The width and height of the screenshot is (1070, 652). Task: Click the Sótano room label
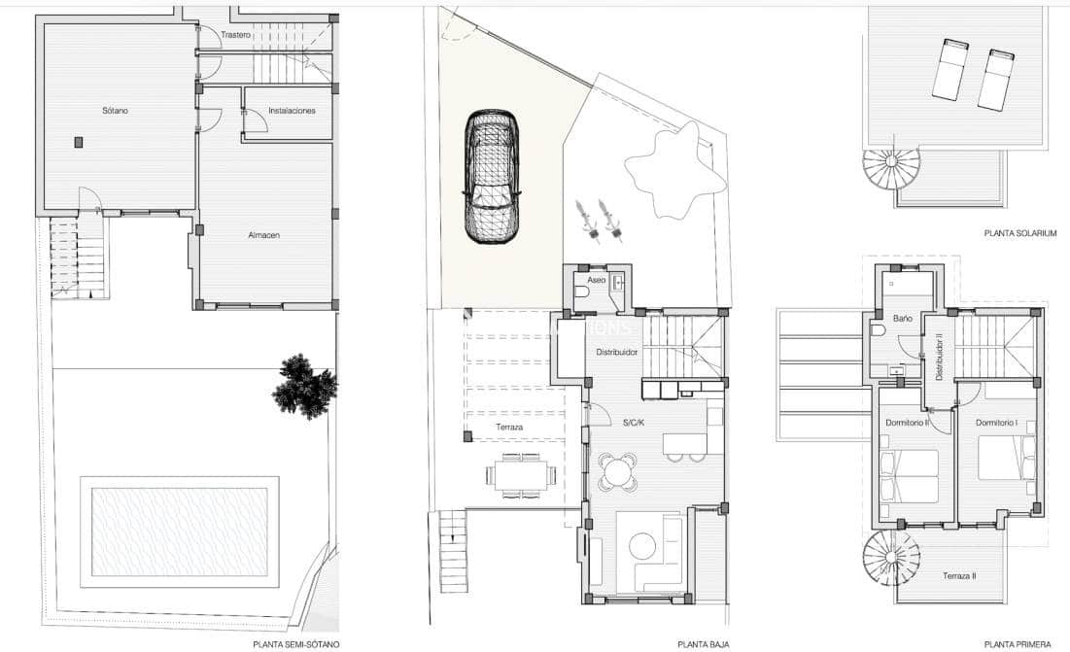115,111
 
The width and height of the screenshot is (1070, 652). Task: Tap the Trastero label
235,35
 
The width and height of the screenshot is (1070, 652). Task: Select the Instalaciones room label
292,111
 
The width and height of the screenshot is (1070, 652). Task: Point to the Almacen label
263,234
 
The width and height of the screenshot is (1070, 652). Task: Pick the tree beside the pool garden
304,386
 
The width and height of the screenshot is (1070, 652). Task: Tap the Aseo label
596,280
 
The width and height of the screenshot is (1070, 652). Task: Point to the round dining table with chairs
618,472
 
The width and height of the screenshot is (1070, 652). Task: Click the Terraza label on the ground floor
488,426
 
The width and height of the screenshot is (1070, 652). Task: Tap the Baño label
902,317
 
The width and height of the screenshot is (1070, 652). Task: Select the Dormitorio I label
996,423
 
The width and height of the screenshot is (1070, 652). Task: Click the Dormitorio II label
907,423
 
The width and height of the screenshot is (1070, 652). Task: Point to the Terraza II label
958,576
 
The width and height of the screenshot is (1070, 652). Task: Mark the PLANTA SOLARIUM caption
1019,233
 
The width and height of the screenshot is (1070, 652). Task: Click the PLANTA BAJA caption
703,643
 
